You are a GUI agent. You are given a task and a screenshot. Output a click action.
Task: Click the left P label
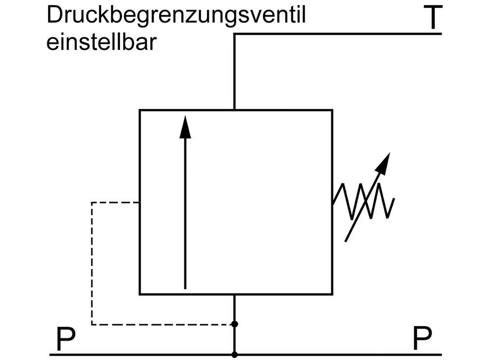[66, 339]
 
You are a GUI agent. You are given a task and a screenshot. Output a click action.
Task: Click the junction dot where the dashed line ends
[235, 324]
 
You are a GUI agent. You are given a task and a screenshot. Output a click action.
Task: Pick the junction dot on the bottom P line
[235, 354]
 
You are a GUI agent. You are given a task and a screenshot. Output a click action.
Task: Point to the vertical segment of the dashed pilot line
[92, 262]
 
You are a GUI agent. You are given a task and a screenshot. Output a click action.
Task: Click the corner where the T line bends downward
[235, 34]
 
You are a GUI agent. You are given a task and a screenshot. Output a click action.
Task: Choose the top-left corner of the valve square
[140, 110]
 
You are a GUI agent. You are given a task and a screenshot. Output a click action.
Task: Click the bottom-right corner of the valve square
[332, 294]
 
